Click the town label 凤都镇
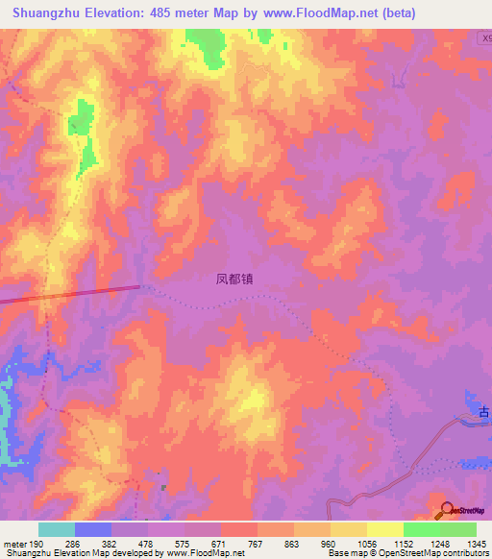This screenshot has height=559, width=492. tap(234, 280)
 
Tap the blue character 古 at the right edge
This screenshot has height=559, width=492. tap(485, 413)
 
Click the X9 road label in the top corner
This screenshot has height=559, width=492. tap(484, 38)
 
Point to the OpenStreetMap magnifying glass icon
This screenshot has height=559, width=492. tap(446, 509)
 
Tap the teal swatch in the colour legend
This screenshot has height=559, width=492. tap(57, 529)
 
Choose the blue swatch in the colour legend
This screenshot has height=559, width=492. tap(93, 529)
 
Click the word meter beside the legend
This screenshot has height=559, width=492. tap(14, 544)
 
